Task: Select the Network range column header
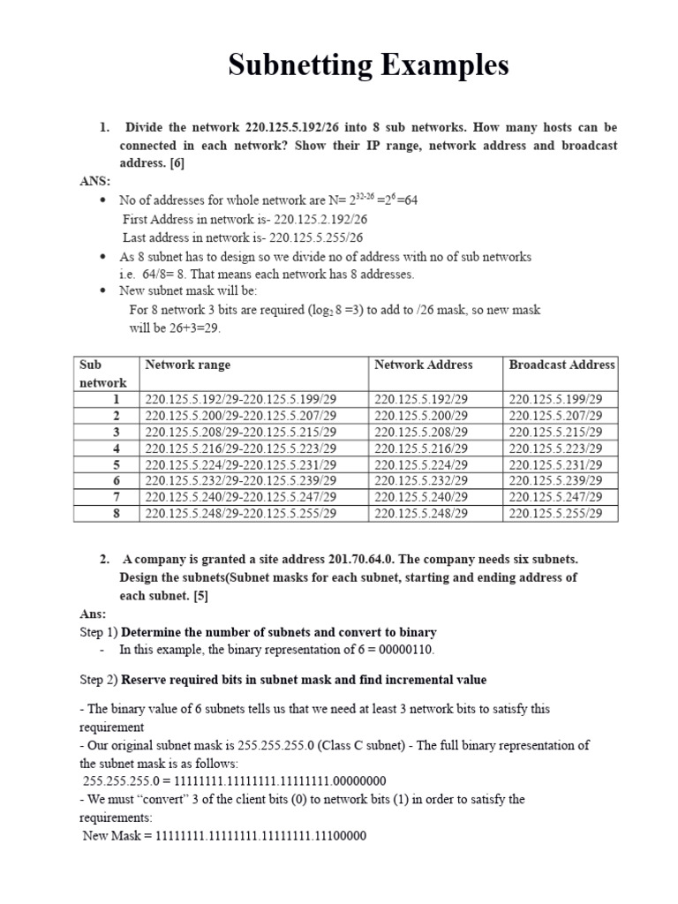coord(188,365)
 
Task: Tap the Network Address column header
coord(423,365)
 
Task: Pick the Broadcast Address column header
coord(561,365)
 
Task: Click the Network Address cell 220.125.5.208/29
coord(421,432)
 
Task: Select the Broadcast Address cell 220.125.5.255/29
coord(556,513)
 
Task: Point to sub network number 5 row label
coord(116,464)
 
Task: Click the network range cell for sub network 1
coord(241,399)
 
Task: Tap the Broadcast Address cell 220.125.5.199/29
coord(556,399)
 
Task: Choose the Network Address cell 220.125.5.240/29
coord(421,497)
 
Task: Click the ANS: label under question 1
coord(95,181)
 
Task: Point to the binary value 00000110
coord(403,650)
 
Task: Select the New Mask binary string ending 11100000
coord(260,835)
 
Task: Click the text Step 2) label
coord(98,680)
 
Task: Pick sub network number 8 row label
coord(116,513)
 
